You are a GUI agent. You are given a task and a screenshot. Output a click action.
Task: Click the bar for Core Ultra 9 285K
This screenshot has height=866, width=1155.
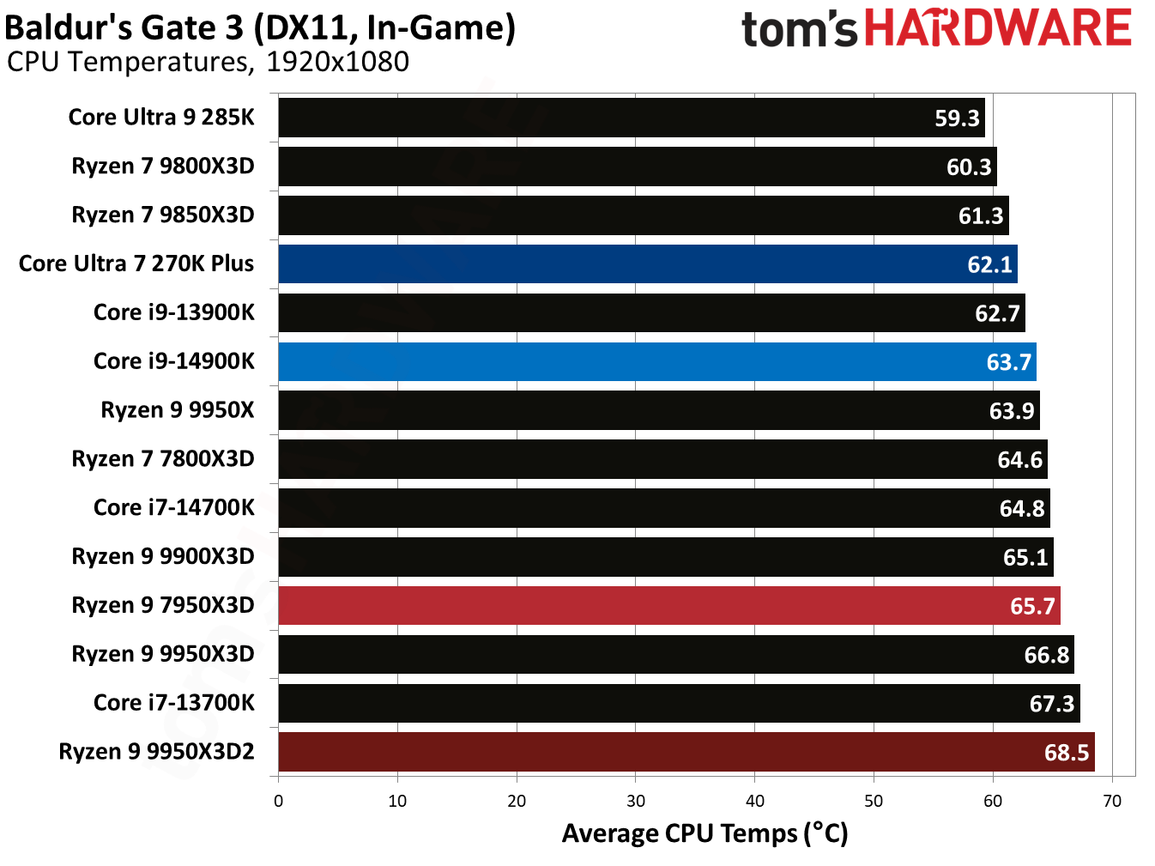tap(631, 118)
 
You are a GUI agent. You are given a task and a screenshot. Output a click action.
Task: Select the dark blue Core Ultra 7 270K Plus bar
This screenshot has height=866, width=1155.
tap(647, 264)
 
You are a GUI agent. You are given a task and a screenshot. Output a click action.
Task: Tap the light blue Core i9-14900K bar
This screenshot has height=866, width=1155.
tap(656, 361)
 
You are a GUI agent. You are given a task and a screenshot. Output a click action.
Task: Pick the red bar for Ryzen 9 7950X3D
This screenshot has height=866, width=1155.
tap(668, 606)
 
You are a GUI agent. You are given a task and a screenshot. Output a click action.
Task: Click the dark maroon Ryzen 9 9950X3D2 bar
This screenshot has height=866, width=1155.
tap(686, 753)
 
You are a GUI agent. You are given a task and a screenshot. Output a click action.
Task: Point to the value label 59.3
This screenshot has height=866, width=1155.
tap(957, 118)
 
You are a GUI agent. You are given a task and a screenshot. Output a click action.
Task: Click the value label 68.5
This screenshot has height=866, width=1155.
tap(1066, 753)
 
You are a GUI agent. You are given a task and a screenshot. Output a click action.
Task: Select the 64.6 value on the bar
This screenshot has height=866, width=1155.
tap(1019, 460)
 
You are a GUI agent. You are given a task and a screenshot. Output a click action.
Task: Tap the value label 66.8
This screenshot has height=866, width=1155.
tap(1046, 656)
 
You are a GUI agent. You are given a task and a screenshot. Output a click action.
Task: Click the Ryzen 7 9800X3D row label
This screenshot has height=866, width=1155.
tap(163, 166)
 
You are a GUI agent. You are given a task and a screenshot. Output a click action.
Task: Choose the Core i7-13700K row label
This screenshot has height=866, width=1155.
tap(173, 703)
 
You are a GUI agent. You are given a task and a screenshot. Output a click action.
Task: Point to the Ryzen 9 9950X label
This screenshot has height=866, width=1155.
tap(178, 410)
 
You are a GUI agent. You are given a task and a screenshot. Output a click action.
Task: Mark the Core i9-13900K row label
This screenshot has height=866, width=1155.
tap(173, 312)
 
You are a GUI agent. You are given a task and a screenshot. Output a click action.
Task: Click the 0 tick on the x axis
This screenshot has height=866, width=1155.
tap(278, 801)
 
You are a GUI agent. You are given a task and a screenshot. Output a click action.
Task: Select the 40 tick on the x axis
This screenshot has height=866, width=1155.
tap(754, 801)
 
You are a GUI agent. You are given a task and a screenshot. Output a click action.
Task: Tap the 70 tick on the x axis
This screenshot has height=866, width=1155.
tap(1111, 801)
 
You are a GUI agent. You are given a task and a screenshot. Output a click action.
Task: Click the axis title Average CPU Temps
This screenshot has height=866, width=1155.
tap(704, 833)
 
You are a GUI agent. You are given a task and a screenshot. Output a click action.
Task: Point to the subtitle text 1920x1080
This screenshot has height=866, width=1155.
tap(337, 62)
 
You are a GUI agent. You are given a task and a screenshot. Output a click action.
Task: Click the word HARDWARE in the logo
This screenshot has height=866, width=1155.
tap(997, 28)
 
